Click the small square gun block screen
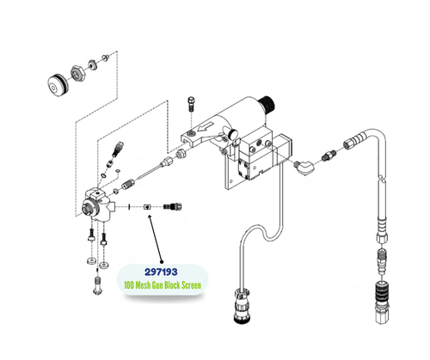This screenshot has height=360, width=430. [x=148, y=206]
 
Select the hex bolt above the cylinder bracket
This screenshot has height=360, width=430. [x=190, y=107]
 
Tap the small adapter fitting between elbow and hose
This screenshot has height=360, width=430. [x=329, y=156]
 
